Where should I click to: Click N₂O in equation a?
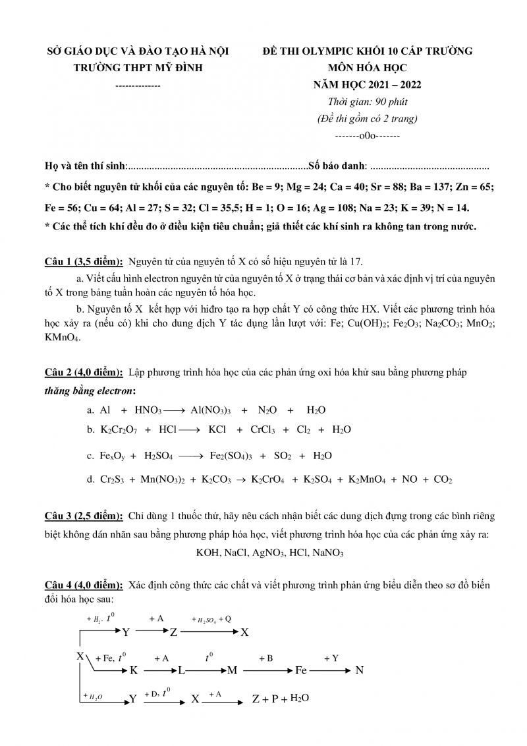[267, 410]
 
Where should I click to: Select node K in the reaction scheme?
[133, 671]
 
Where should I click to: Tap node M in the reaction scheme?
[232, 671]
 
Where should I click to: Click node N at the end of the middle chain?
[359, 671]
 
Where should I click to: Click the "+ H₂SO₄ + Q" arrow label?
[211, 619]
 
